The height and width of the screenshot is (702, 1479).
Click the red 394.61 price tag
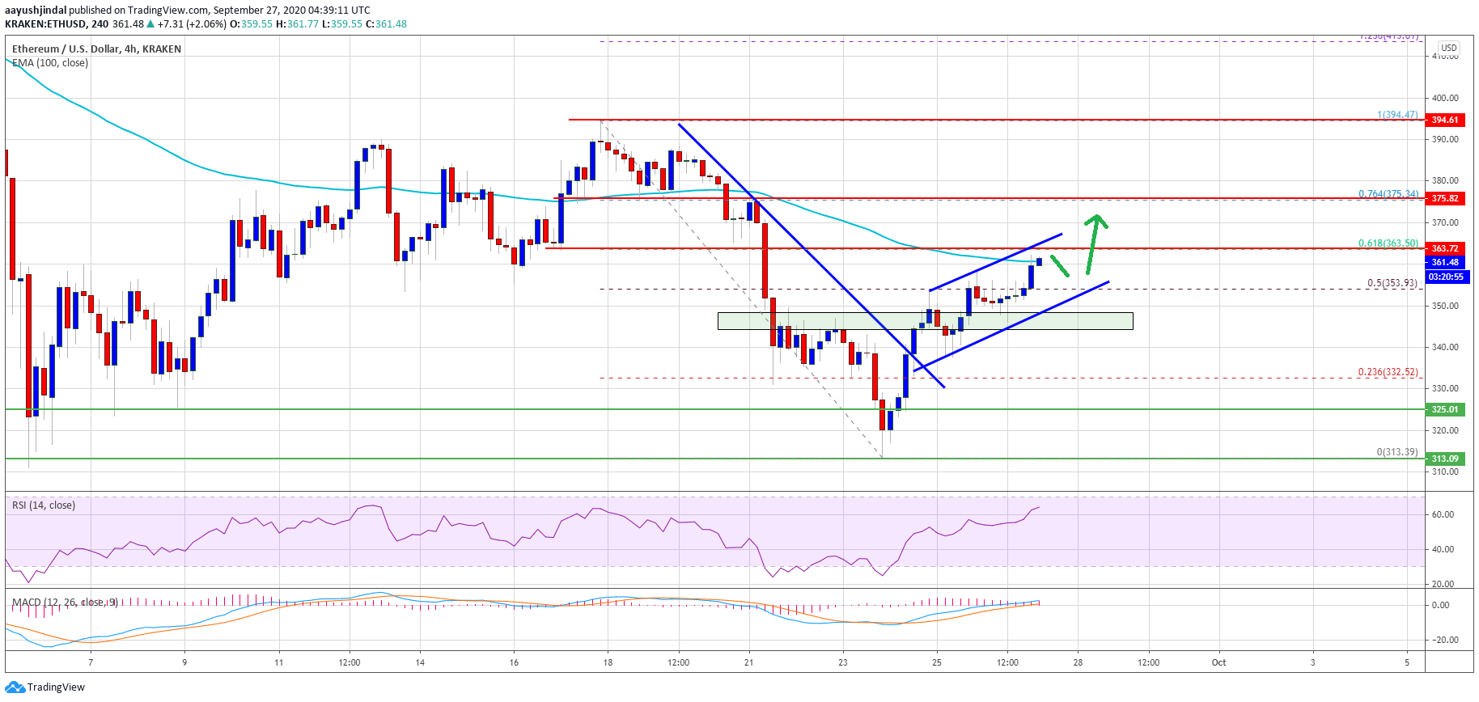point(1445,120)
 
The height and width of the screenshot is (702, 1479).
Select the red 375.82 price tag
point(1445,198)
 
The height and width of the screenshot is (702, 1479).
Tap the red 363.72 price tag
point(1445,248)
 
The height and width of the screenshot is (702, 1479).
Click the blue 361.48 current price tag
point(1445,262)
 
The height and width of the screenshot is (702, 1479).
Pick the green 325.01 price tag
point(1445,409)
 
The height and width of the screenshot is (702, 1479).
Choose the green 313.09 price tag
point(1445,459)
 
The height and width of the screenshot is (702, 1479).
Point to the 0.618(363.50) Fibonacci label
point(1388,243)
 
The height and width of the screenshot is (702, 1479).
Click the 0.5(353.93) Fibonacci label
point(1392,283)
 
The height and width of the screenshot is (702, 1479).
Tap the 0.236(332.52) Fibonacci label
point(1388,372)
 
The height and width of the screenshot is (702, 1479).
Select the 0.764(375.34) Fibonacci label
point(1388,194)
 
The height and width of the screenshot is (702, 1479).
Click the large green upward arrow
point(1095,243)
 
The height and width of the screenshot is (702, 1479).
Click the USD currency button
point(1448,48)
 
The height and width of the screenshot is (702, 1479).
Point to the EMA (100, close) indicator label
point(50,63)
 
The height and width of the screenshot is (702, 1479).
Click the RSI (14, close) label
point(44,505)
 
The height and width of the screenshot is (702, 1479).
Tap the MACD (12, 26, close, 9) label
point(65,603)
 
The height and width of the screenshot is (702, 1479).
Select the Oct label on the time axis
point(1218,662)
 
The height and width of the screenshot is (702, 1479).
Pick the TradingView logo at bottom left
point(45,687)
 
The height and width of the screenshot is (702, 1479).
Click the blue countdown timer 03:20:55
point(1445,277)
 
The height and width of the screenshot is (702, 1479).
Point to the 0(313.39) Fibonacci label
point(1397,452)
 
